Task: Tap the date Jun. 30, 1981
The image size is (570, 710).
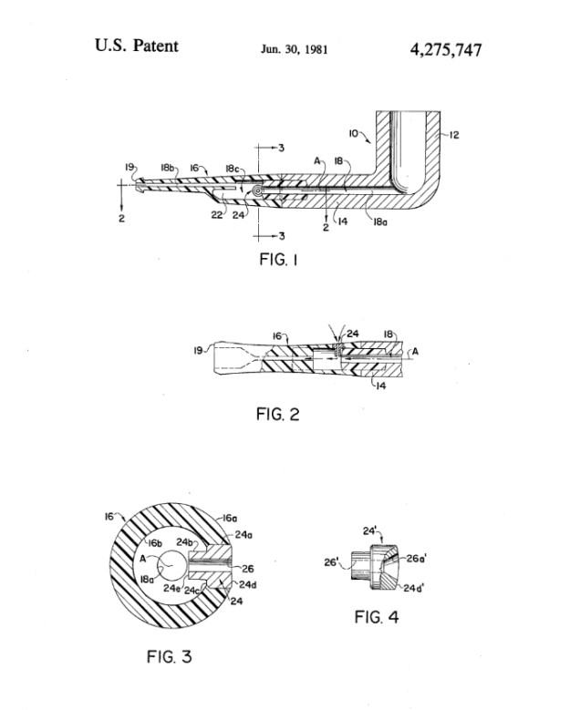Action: tap(293, 48)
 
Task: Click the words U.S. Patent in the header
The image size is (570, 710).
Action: tap(136, 46)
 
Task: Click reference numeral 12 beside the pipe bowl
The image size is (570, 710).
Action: tap(453, 135)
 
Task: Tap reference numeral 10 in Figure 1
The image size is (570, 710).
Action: tap(353, 133)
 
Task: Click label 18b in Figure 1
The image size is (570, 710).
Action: tap(168, 169)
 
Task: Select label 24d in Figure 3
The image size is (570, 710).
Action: tap(249, 584)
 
